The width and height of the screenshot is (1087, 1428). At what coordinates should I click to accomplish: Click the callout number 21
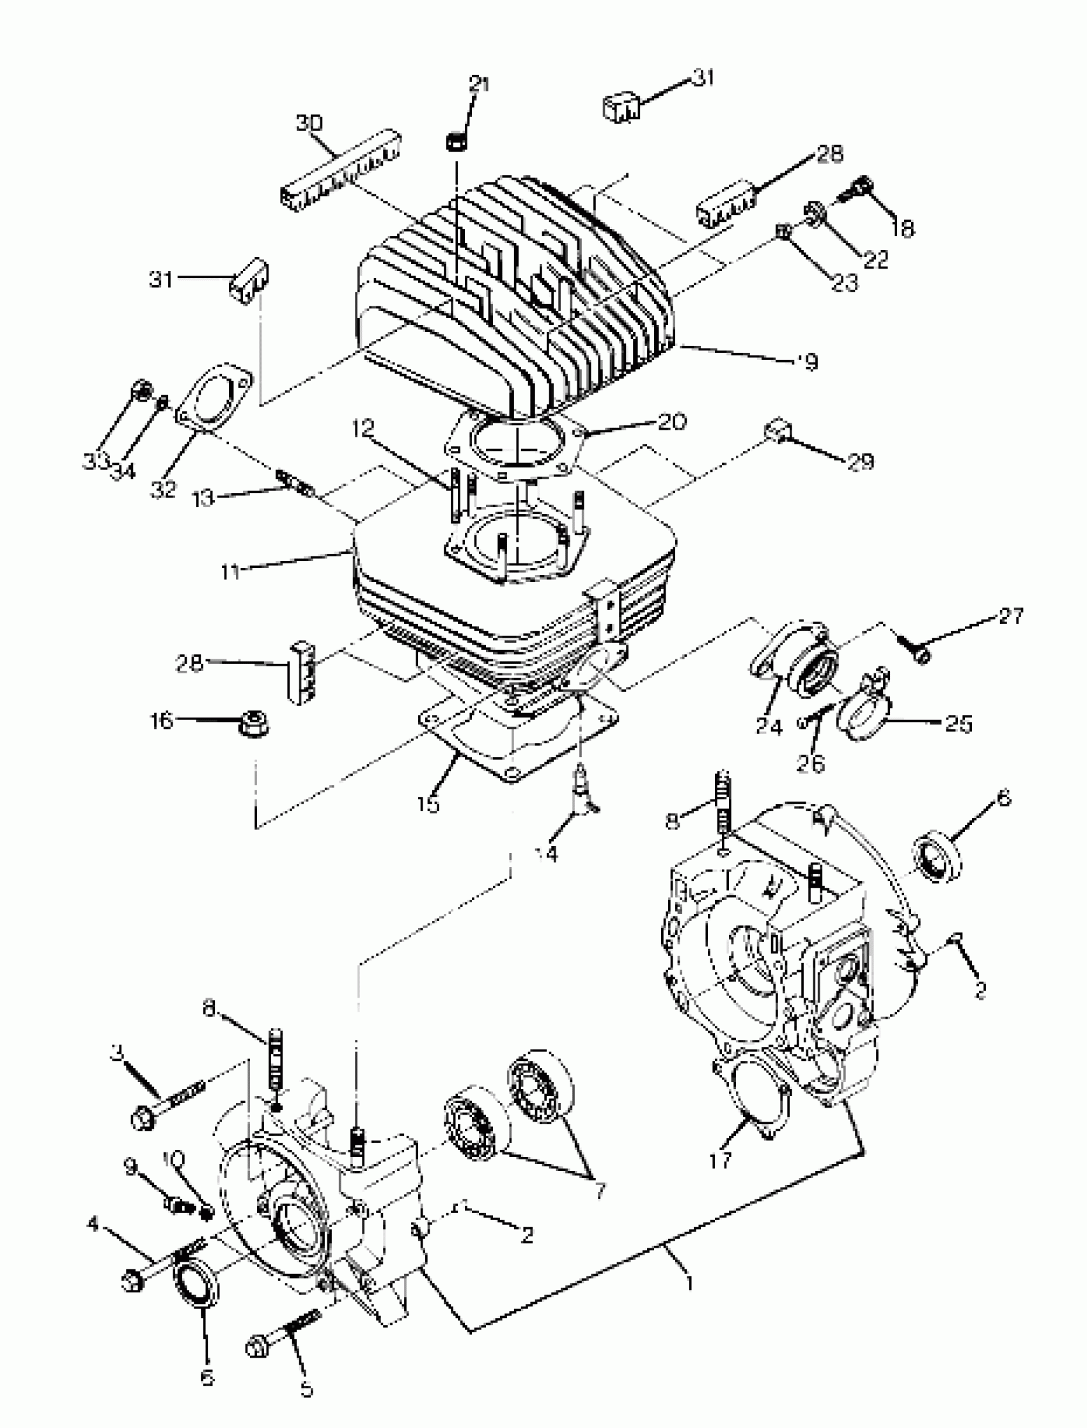[479, 85]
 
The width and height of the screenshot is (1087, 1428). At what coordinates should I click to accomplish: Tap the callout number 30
[309, 122]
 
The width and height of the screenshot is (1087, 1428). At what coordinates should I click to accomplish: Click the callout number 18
[902, 228]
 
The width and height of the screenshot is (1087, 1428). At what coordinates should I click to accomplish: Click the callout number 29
[861, 461]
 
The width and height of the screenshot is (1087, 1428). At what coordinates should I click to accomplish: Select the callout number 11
[230, 572]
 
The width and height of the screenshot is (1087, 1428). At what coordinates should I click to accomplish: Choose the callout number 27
[1011, 615]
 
